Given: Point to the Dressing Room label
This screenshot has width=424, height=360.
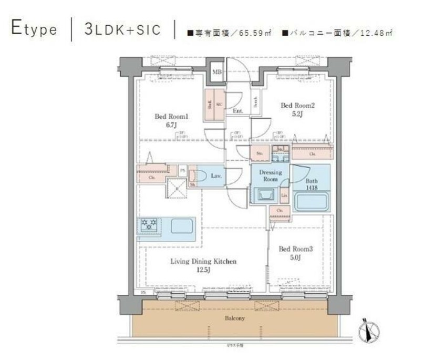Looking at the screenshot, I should click(270, 176).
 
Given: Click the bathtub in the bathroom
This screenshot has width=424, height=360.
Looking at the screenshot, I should click(311, 202).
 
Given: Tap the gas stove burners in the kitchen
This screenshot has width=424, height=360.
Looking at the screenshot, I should click(149, 225).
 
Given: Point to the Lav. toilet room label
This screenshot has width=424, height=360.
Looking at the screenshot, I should click(215, 177).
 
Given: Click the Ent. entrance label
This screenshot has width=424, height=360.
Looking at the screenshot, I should click(237, 111).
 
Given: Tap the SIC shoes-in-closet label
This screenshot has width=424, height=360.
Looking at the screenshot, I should click(219, 104).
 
